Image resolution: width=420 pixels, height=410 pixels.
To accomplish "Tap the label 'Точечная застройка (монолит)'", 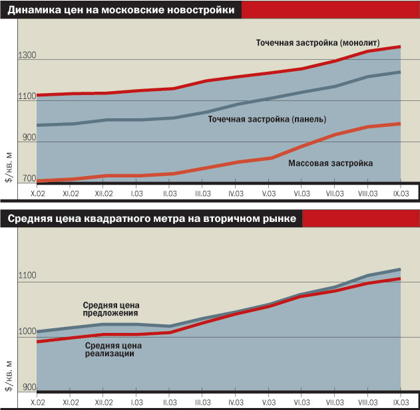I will coord(318,43).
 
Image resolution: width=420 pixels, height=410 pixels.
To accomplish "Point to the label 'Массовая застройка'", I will coord(330,162).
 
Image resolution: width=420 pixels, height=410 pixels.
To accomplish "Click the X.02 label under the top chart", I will coord(37,193).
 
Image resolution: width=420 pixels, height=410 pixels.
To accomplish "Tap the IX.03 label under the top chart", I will coord(401,193).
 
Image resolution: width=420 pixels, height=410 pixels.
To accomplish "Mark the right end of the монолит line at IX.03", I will coord(400,47).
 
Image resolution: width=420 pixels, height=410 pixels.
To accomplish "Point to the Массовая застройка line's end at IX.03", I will coord(400,124).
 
